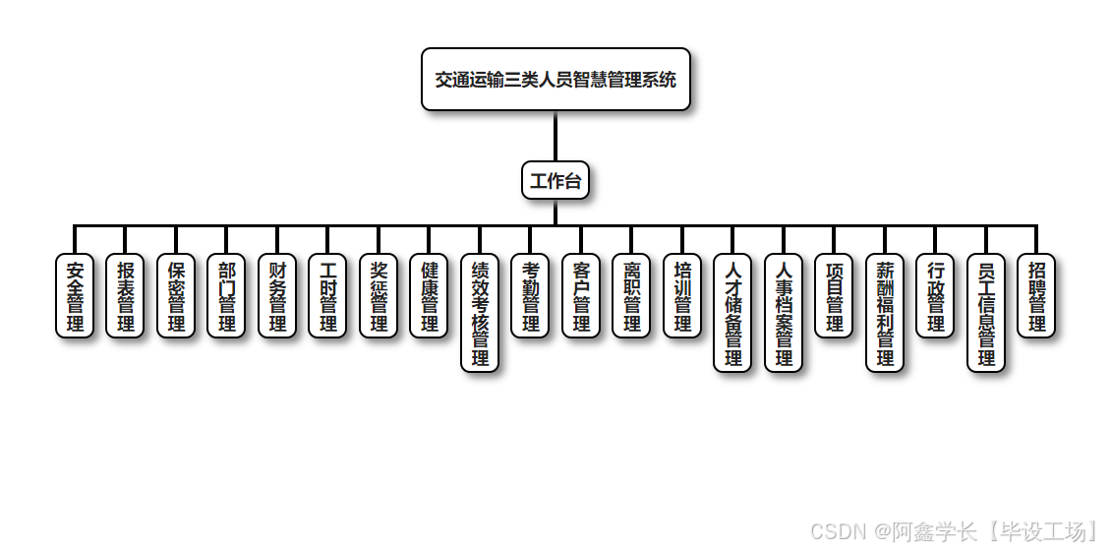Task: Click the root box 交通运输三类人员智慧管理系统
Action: coord(555,80)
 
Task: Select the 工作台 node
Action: coord(555,180)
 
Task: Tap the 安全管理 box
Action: coord(75,296)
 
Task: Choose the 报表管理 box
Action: coord(125,296)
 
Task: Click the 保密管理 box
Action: coord(176,296)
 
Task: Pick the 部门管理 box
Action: coord(226,296)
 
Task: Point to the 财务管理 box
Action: coord(277,296)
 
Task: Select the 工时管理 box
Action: coord(327,296)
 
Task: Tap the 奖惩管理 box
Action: coord(379,296)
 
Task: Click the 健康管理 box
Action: coord(429,296)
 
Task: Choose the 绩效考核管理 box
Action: coord(480,313)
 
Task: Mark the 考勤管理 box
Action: coord(530,296)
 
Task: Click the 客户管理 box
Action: coord(581,296)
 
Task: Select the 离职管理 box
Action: coord(631,296)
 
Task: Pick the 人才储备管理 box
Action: coord(732,313)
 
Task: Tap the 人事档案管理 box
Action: coord(784,313)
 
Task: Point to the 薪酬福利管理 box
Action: coord(885,313)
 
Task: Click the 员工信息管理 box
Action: coord(986,313)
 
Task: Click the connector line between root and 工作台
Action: coord(555,137)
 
